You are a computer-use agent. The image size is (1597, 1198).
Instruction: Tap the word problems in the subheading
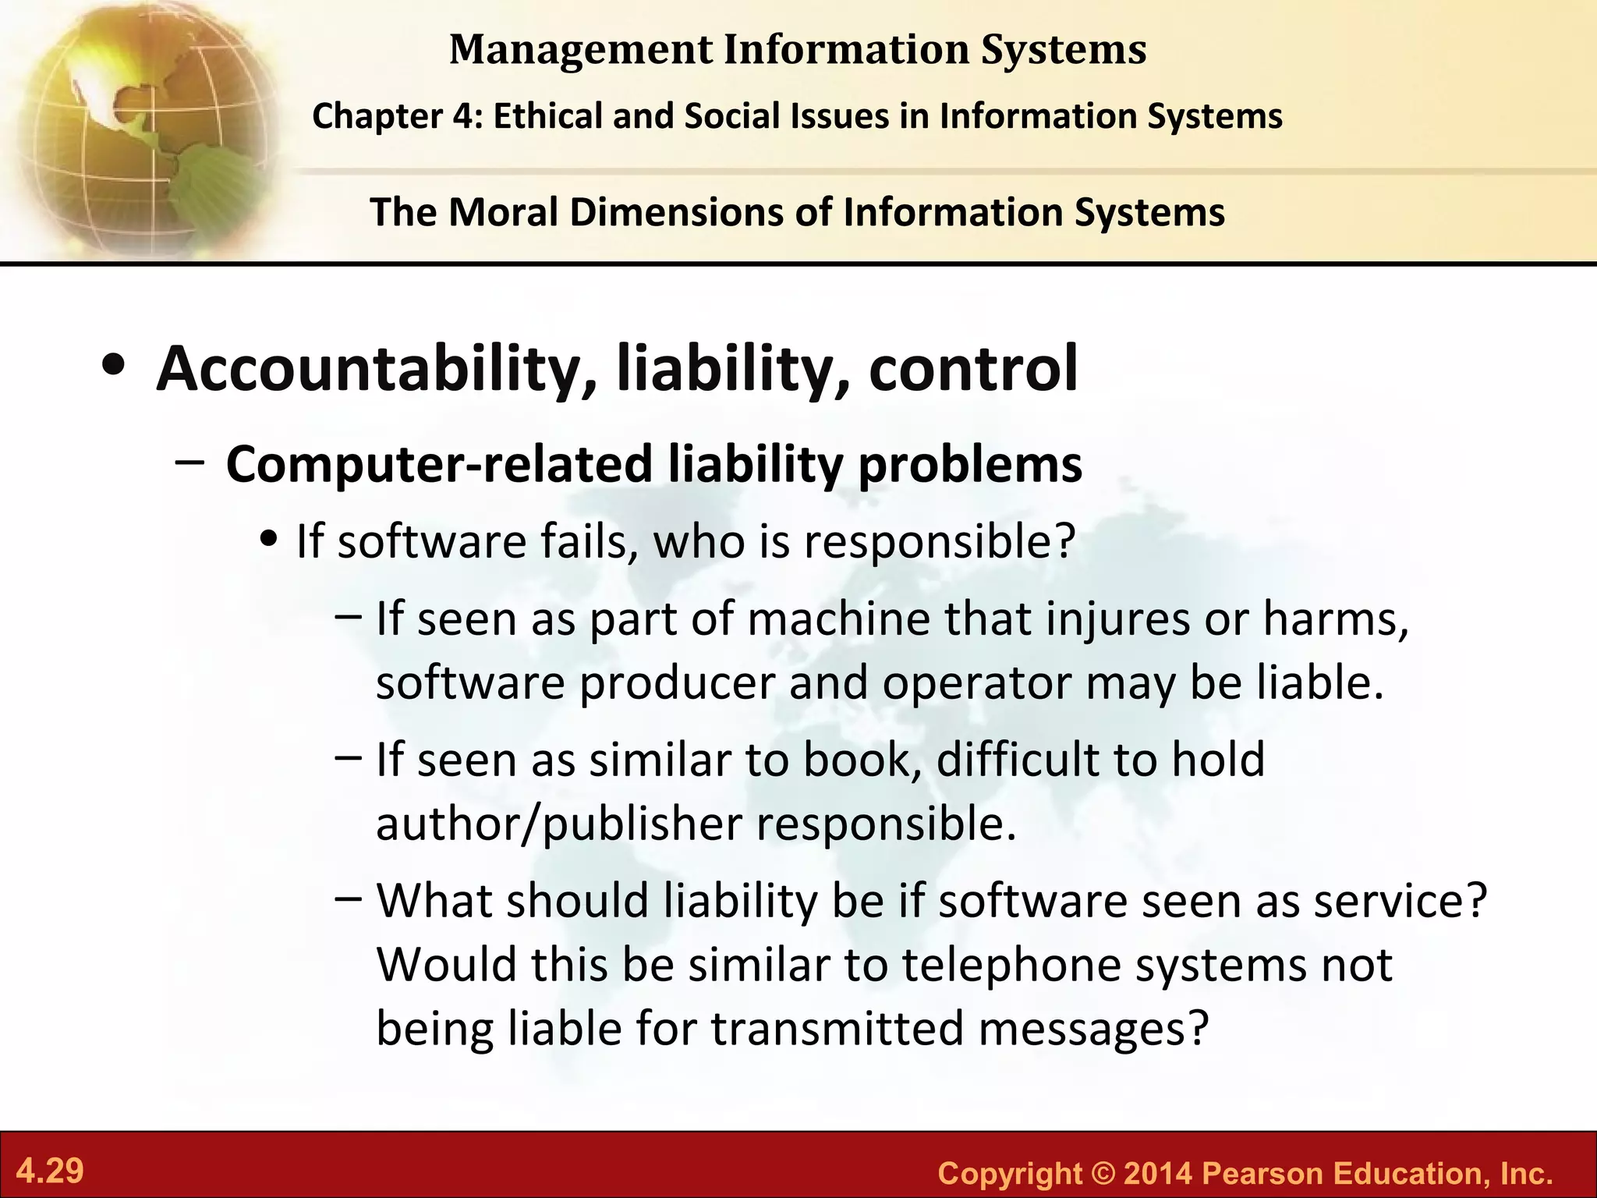(x=970, y=465)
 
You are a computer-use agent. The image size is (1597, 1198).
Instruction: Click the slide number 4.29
(x=50, y=1171)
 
